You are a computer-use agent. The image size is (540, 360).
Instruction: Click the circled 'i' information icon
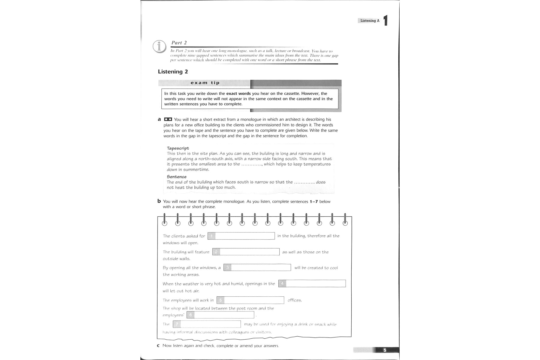coord(159,46)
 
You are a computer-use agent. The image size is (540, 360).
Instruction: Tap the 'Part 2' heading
coord(179,43)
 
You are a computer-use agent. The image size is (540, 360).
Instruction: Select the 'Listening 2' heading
coord(173,72)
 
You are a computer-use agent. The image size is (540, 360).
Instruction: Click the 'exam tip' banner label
coord(205,83)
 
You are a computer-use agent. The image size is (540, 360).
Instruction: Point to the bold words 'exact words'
coord(238,94)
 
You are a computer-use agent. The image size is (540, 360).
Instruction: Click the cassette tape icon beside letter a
coord(168,119)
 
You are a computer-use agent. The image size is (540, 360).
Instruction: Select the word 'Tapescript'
coord(178,148)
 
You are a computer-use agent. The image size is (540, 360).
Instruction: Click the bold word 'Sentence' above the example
coord(177,177)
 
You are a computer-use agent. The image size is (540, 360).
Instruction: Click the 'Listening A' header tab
coord(370,21)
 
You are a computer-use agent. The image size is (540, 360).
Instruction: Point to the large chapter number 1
coord(385,20)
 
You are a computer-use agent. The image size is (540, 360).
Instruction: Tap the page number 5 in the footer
coord(385,350)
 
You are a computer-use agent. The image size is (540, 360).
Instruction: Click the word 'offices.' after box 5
coord(295,300)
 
